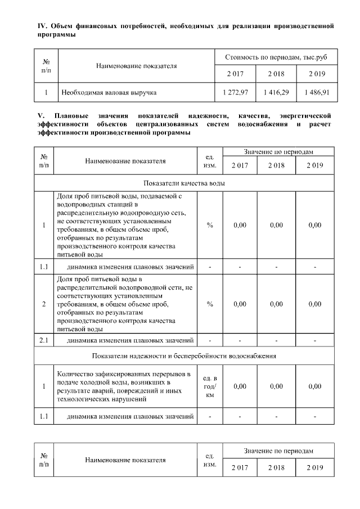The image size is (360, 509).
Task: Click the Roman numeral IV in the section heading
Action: click(40, 26)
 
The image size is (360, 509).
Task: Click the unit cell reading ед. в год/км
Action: click(210, 386)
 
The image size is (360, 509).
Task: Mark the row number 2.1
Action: click(44, 340)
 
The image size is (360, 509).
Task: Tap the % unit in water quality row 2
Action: click(210, 304)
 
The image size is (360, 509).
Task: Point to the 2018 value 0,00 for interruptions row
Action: click(276, 386)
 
